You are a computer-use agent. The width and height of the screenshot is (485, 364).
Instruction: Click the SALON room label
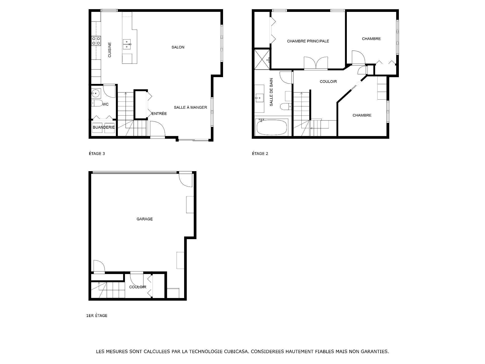(x=178, y=47)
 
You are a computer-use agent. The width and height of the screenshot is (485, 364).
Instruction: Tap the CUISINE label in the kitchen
(x=110, y=50)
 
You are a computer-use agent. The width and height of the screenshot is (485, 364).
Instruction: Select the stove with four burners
(x=96, y=41)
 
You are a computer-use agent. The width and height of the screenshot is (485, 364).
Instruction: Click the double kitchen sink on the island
(x=127, y=44)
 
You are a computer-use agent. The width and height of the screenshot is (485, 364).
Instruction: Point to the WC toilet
(x=96, y=103)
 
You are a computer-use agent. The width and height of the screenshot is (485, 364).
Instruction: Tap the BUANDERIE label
(x=104, y=127)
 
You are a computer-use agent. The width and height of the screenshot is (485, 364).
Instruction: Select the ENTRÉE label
(x=159, y=114)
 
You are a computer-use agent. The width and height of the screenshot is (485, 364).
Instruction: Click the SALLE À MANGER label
(x=190, y=107)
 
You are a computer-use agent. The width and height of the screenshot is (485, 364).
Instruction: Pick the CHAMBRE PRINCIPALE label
(x=308, y=41)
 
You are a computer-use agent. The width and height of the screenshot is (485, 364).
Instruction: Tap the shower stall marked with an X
(x=262, y=59)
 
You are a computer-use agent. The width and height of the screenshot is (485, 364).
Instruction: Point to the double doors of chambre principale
(x=316, y=63)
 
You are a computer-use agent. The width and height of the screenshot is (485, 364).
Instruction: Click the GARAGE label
(x=144, y=219)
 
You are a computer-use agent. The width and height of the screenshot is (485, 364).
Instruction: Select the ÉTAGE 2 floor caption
(x=260, y=154)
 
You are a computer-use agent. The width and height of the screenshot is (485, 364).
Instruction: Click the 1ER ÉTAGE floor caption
(x=97, y=316)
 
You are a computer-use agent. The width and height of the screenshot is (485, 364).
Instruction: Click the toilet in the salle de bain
(x=286, y=106)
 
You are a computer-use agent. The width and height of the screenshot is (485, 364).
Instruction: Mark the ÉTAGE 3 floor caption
(x=97, y=154)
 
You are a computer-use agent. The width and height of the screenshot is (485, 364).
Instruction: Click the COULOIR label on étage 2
(x=328, y=82)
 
